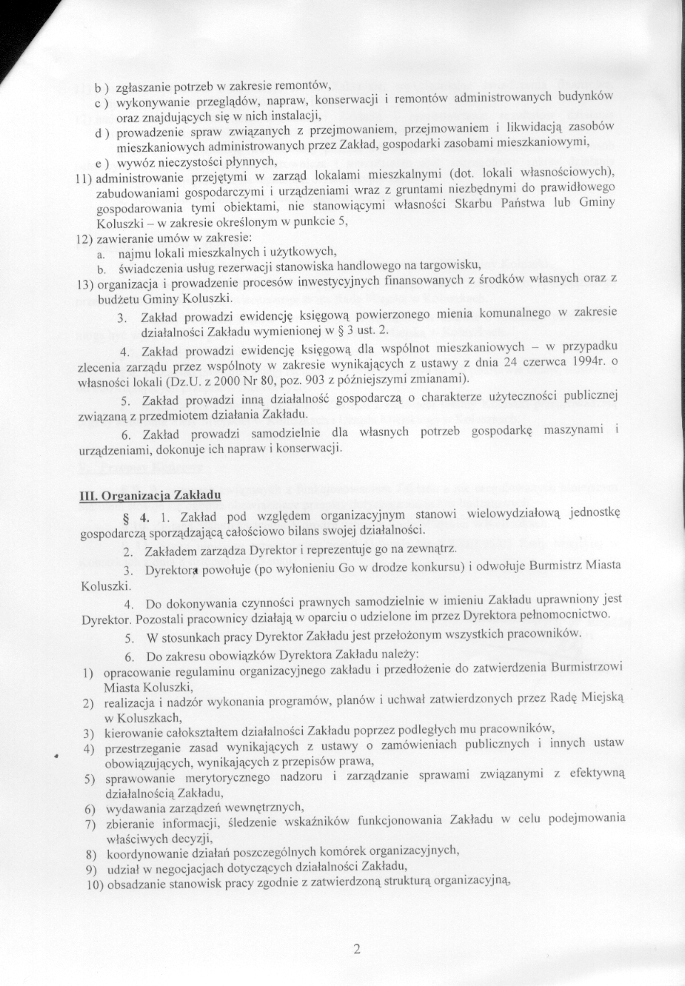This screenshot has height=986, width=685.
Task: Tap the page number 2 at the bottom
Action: pyautogui.click(x=357, y=948)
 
